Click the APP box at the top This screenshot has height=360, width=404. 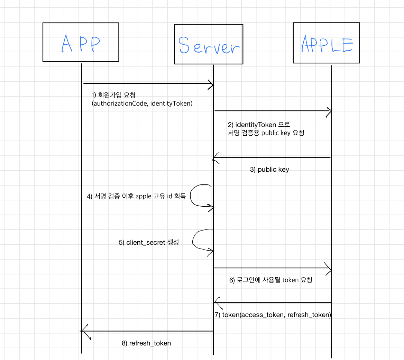81,42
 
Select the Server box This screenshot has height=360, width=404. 208,44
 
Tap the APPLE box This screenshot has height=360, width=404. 326,43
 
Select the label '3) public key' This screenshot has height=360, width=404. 269,170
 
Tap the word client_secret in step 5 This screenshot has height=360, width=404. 146,243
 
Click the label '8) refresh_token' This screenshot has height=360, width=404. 146,343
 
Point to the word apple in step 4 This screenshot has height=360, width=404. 143,196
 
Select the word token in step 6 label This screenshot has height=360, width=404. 290,280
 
